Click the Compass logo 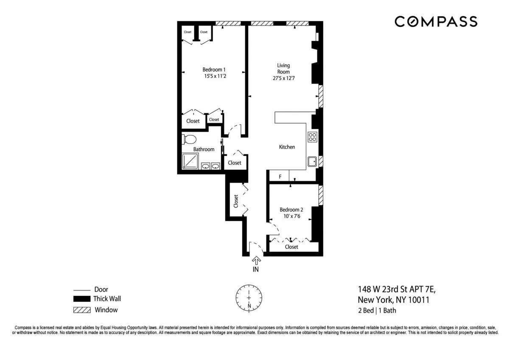[436, 21]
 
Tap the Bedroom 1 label [214, 70]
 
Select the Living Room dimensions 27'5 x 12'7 [284, 79]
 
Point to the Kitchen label [287, 147]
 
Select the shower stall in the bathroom [190, 162]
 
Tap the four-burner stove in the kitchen [312, 137]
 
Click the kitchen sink [312, 161]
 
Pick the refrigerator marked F [280, 176]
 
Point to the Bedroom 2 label [291, 210]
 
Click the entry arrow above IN [256, 260]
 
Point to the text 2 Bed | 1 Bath [377, 310]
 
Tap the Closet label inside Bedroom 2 [291, 247]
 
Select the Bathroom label [204, 149]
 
